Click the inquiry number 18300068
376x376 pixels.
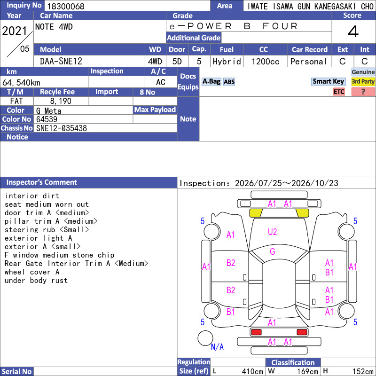(66, 6)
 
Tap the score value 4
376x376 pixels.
(353, 31)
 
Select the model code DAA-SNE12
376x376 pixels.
(61, 62)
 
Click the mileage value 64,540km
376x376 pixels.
(21, 83)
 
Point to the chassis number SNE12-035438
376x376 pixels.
(62, 128)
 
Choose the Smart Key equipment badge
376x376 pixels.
(328, 81)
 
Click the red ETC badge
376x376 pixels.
(339, 92)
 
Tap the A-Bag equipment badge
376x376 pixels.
(211, 81)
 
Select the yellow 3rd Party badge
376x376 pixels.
(363, 81)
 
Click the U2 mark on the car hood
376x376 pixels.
(273, 232)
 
